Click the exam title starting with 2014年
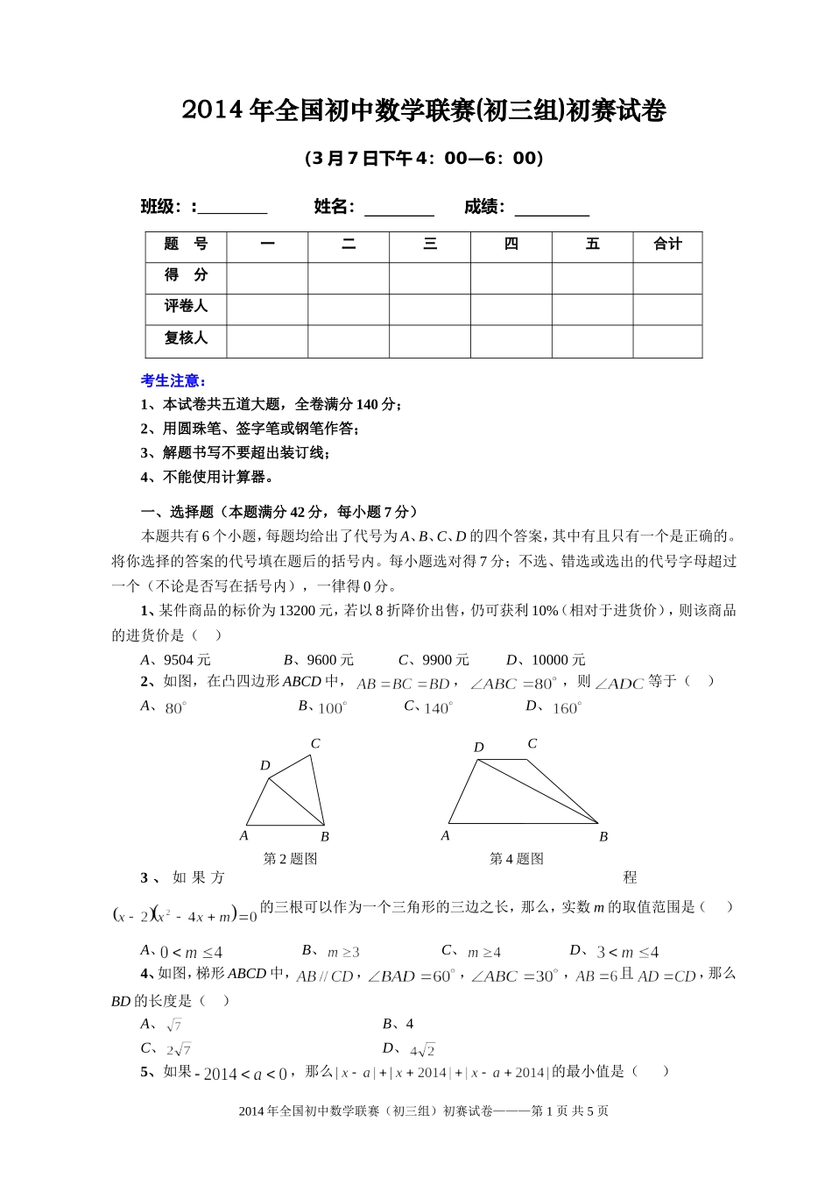coord(424,111)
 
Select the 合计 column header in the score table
coord(667,245)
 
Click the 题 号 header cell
coord(186,245)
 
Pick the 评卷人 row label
coord(186,307)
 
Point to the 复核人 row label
coord(186,338)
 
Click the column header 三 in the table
coord(430,245)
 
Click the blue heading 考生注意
coord(173,380)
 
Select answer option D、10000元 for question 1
coord(546,660)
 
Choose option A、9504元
coord(176,660)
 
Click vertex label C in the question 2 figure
coord(315,744)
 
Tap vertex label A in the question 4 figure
coord(445,836)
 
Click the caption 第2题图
coord(290,859)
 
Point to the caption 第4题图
coord(516,859)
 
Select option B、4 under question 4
coord(398,1024)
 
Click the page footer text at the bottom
coord(423,1111)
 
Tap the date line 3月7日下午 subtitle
coord(424,159)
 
